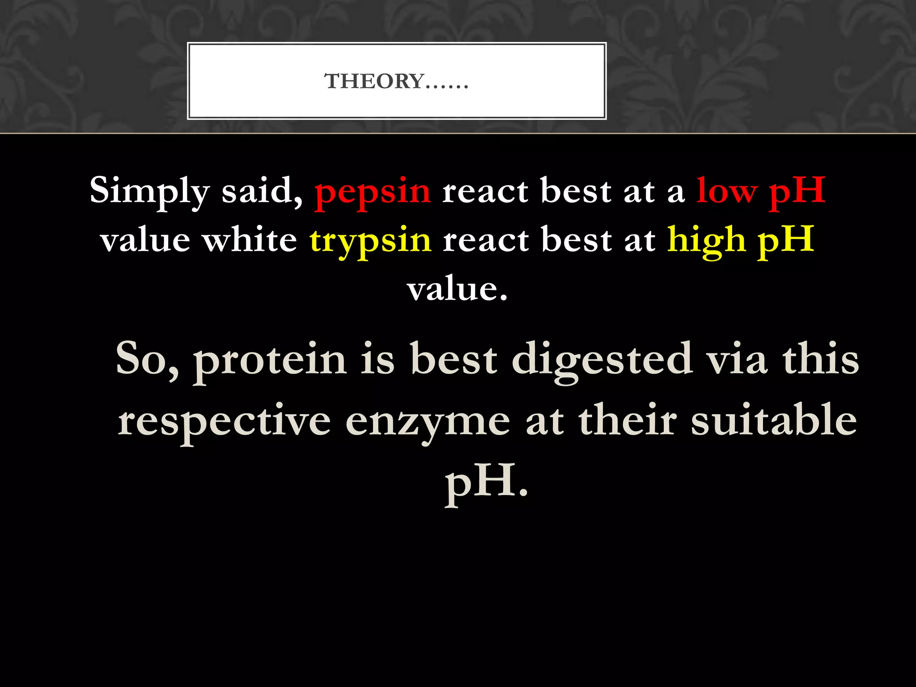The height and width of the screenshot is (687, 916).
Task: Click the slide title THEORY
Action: click(396, 81)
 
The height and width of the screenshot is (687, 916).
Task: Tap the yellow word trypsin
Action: click(370, 241)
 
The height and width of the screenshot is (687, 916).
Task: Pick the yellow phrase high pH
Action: click(741, 241)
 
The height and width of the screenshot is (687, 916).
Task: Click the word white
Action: click(250, 241)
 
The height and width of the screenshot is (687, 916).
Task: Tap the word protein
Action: click(270, 360)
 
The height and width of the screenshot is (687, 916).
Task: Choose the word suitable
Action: click(774, 420)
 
